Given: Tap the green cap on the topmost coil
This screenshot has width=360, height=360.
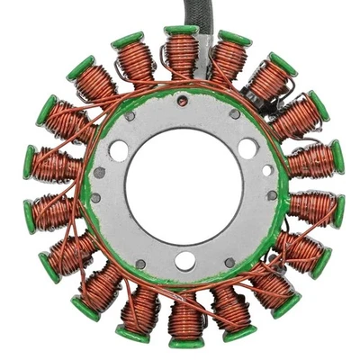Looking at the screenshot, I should (x=181, y=32).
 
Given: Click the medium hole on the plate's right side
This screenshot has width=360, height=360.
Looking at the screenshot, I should (x=268, y=170).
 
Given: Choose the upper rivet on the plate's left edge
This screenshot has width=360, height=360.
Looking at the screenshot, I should (x=99, y=172).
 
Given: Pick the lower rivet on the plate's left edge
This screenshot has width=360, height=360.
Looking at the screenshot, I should (x=96, y=197).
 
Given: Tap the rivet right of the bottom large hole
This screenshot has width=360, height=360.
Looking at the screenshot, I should (x=230, y=263).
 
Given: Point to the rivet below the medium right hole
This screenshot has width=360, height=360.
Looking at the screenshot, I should (x=272, y=194).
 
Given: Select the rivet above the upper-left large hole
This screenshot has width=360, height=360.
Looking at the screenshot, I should (x=129, y=116).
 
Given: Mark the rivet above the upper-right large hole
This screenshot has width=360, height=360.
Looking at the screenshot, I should (x=235, y=114).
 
